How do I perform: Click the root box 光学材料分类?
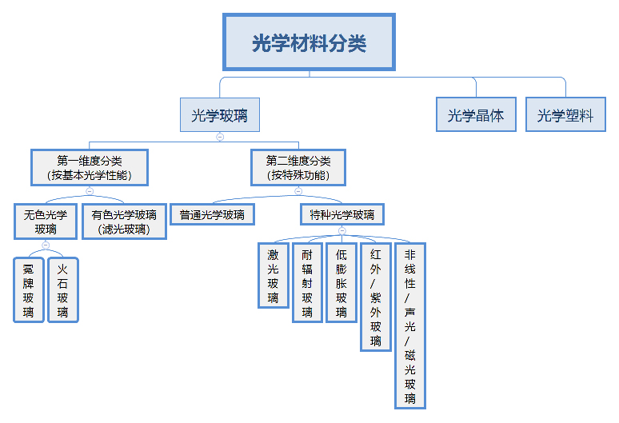tap(309, 42)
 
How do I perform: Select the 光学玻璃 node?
tap(219, 115)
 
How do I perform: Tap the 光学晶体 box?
tap(476, 115)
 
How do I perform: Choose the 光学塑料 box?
tap(565, 115)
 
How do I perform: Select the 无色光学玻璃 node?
tap(46, 221)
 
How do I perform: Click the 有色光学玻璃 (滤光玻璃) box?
tap(124, 221)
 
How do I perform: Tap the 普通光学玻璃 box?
tap(212, 215)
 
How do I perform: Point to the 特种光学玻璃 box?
tap(341, 215)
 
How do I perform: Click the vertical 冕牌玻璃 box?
tap(29, 288)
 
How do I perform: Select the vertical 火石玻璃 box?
tap(63, 288)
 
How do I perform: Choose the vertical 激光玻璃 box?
tap(273, 275)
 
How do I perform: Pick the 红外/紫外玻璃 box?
tap(376, 296)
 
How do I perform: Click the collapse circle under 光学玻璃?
tap(220, 137)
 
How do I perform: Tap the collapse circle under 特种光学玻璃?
tap(341, 230)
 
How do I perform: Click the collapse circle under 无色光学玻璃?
tap(46, 244)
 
